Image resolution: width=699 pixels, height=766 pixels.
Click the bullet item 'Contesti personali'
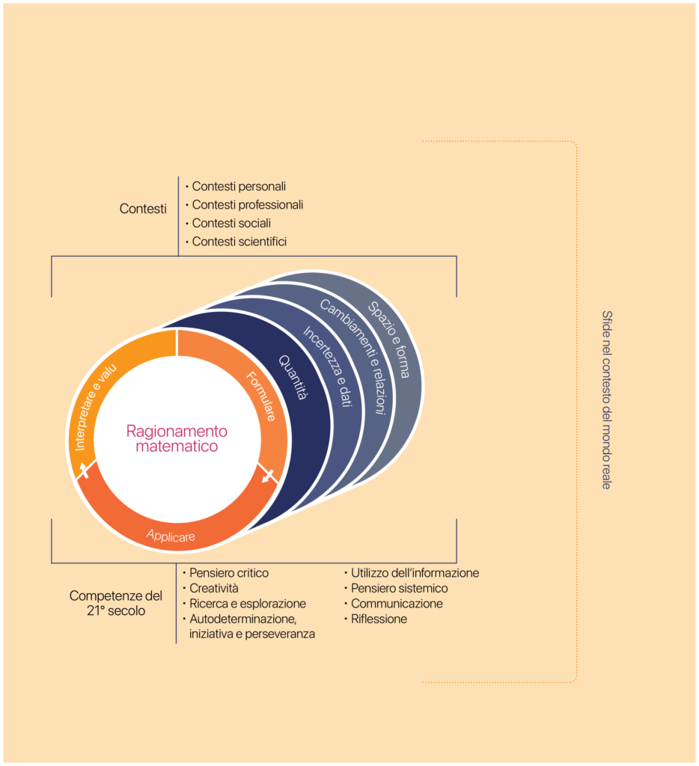point(239,186)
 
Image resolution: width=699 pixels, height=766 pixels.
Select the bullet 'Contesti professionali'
point(247,204)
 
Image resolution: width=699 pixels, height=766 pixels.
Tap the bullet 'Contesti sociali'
point(231,223)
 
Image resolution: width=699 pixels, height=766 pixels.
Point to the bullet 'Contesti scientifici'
point(239,242)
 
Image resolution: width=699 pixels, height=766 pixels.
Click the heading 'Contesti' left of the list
point(143,209)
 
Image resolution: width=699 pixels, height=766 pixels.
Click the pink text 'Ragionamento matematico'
point(177,439)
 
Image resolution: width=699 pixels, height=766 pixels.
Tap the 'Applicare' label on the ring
point(171,536)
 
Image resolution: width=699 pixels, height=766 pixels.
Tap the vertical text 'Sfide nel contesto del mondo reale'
point(605,400)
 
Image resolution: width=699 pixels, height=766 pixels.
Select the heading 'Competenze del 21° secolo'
point(116,603)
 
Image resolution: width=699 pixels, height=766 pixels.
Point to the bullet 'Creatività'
point(214,588)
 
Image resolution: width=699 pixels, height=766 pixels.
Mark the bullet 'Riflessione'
point(379,619)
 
